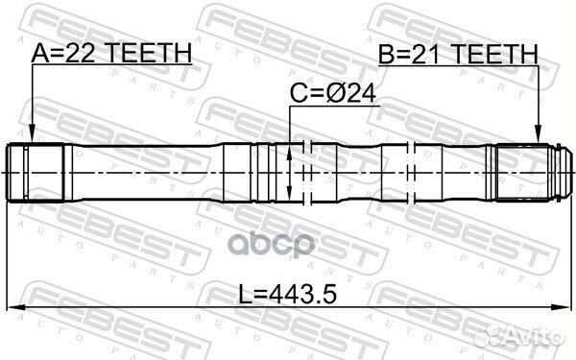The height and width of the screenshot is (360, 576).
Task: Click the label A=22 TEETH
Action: click(x=110, y=56)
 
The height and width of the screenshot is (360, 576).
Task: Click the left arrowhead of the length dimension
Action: click(x=13, y=307)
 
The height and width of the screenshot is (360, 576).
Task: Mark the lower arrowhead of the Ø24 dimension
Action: click(x=291, y=194)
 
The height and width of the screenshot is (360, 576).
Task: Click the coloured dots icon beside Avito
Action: click(x=491, y=331)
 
